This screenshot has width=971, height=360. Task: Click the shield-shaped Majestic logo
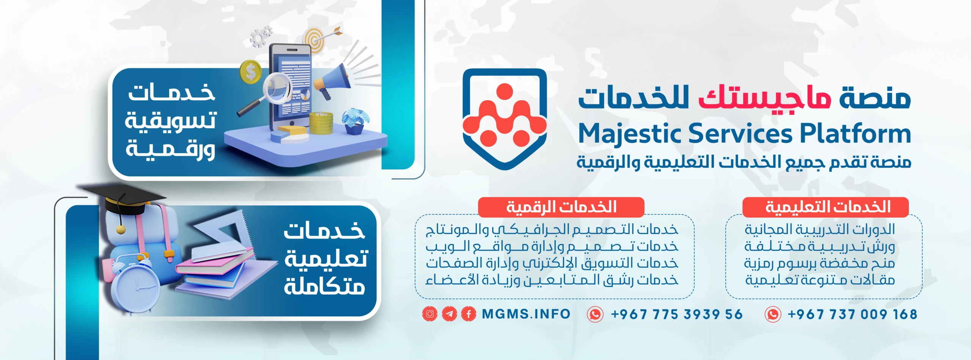(x=504, y=119)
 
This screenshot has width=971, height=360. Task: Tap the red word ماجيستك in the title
(x=765, y=98)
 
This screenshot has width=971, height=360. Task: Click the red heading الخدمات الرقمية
(x=561, y=207)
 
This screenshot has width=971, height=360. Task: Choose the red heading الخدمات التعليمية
(x=825, y=207)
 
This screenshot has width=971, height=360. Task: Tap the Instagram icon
(x=430, y=314)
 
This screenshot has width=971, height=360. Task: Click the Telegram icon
(x=449, y=314)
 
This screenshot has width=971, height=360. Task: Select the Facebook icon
(x=469, y=314)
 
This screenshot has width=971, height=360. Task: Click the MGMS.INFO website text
(x=526, y=314)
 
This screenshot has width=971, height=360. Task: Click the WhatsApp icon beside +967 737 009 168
(x=773, y=314)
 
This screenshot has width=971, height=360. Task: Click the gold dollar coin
(x=250, y=72)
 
